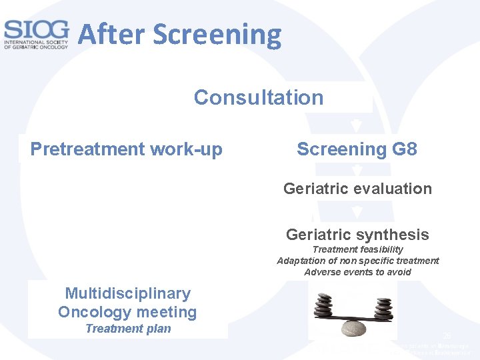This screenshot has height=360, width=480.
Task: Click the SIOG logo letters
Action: [36, 29]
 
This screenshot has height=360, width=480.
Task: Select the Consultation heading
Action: [259, 97]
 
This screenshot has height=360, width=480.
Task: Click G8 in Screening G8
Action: [405, 149]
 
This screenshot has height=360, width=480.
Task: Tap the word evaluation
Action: [393, 189]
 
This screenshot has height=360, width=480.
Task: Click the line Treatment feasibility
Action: [358, 249]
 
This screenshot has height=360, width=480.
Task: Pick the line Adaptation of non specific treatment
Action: [358, 261]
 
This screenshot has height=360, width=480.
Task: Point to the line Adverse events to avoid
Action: [358, 272]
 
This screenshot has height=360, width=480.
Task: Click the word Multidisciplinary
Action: [127, 293]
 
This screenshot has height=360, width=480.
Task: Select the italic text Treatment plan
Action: [128, 329]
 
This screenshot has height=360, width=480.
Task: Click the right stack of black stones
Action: [383, 308]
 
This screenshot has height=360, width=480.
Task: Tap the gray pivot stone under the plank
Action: [354, 327]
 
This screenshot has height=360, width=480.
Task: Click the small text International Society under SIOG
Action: [36, 43]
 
